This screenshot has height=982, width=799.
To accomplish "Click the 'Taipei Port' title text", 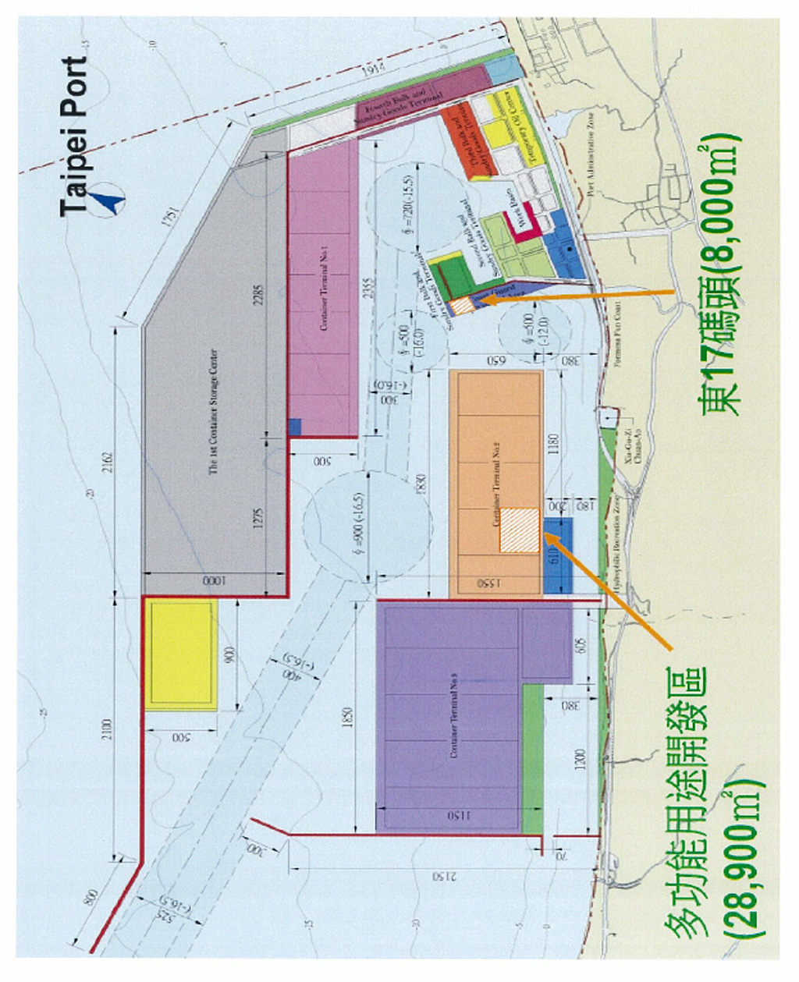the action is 75,136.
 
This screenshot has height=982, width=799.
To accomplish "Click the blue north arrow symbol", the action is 107,198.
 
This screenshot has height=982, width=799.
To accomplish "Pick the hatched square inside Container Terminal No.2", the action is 519,530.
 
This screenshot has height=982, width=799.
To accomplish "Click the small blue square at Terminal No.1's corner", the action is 294,427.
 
